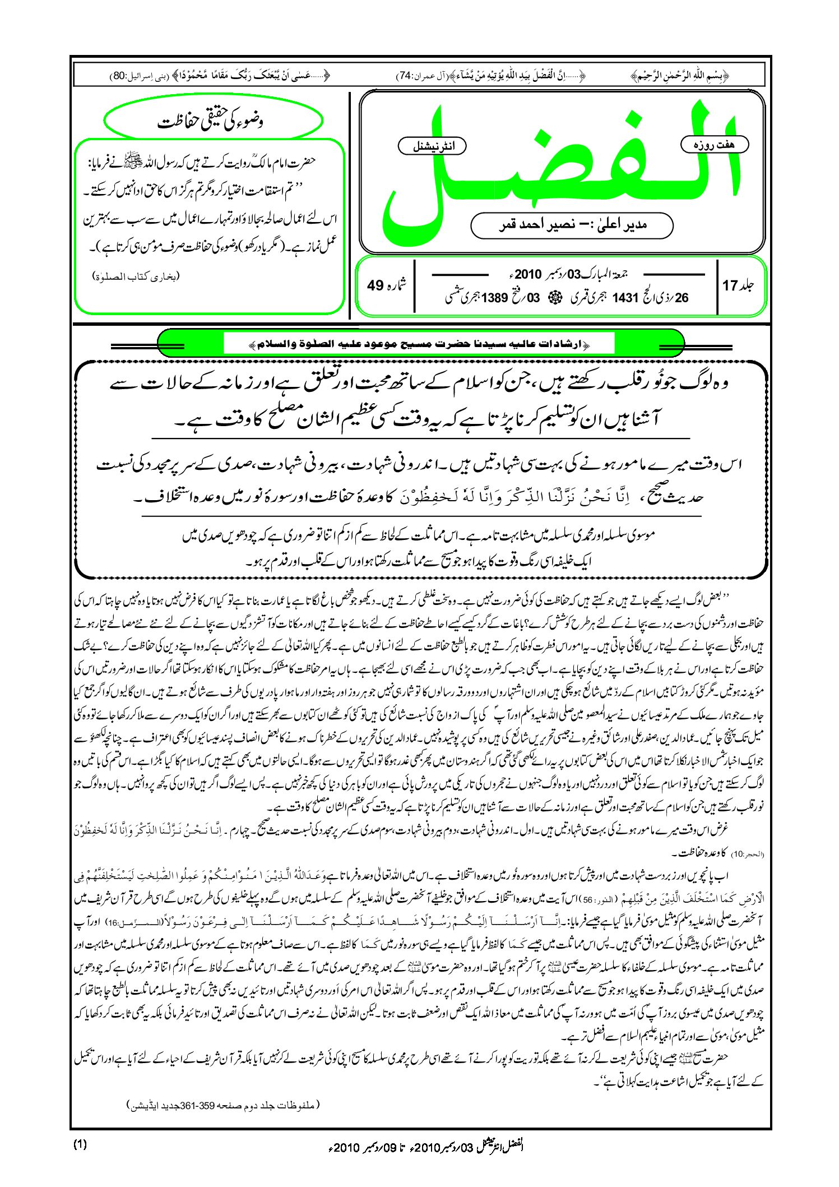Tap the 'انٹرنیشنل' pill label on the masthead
(x=432, y=146)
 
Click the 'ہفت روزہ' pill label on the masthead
(x=715, y=145)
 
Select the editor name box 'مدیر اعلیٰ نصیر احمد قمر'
(x=572, y=225)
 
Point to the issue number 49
(x=375, y=285)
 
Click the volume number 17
(x=730, y=285)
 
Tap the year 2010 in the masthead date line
(x=528, y=274)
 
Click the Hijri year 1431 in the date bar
(x=625, y=298)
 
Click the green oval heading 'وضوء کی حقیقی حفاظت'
(x=213, y=121)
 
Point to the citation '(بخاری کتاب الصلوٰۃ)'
(x=137, y=276)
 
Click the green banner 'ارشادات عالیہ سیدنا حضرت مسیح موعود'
(x=420, y=343)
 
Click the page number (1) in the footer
(x=80, y=1144)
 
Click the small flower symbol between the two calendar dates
(x=557, y=298)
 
